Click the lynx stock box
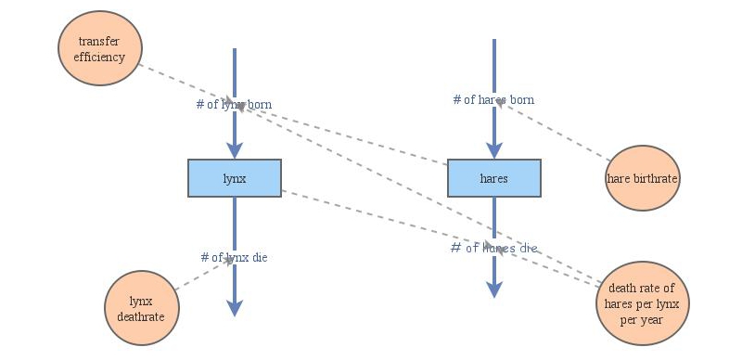[x=235, y=178]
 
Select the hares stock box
[x=494, y=178]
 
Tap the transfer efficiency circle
[x=100, y=48]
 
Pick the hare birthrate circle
[x=642, y=178]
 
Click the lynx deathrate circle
[x=142, y=308]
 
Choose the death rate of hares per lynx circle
[x=642, y=303]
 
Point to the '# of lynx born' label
[x=235, y=104]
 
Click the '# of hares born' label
[x=493, y=100]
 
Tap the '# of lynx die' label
[x=235, y=257]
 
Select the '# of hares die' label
[x=493, y=248]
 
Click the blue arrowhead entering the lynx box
[x=235, y=150]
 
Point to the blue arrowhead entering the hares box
[x=494, y=150]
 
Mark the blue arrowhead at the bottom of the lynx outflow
[x=235, y=308]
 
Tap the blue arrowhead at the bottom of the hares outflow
[x=494, y=289]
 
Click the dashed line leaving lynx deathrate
[x=204, y=274]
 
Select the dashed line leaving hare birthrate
[x=552, y=131]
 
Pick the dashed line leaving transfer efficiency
[x=189, y=85]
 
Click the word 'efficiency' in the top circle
[x=99, y=58]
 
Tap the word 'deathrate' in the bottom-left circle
[x=141, y=316]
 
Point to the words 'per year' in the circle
[x=642, y=320]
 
